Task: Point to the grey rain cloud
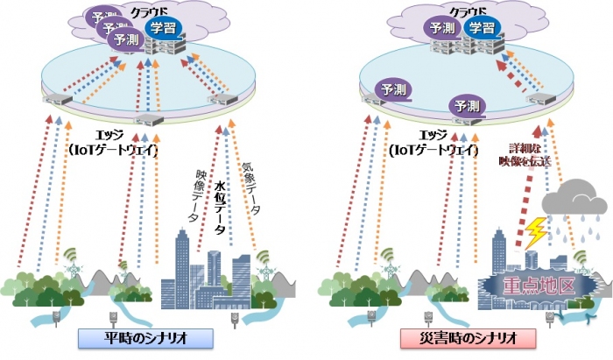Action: pos(573,205)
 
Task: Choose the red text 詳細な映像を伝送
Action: pos(515,154)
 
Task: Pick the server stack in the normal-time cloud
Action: pos(163,46)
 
